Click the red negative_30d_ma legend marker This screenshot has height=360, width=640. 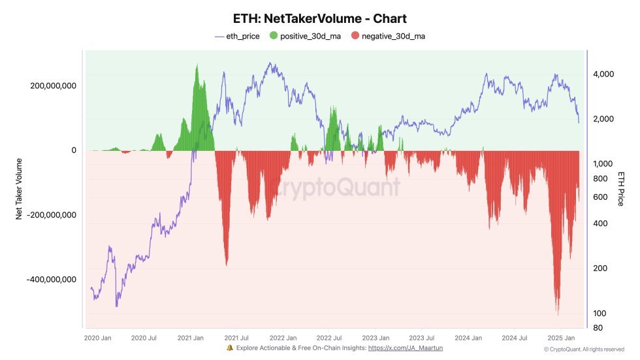355,36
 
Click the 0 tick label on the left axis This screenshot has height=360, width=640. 73,150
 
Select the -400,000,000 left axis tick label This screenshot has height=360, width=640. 48,280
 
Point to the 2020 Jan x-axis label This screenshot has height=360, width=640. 99,338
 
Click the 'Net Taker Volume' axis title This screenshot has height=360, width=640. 19,188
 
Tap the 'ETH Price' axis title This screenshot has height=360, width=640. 620,188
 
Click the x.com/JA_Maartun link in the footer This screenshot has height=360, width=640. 406,348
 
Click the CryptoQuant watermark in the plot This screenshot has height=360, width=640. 340,188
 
